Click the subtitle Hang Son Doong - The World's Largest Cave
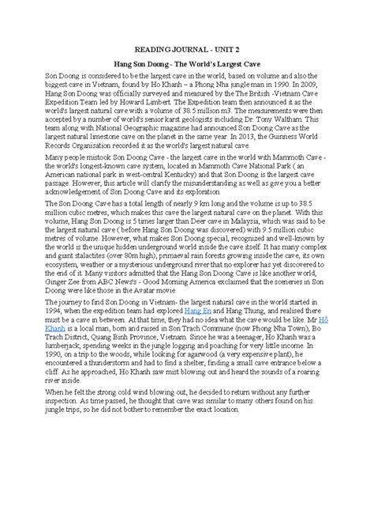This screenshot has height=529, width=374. click(x=186, y=59)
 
